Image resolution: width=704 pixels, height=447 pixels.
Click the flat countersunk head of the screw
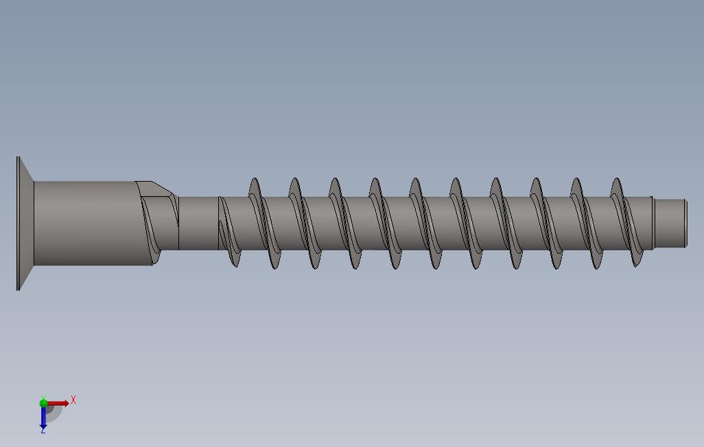coord(25,223)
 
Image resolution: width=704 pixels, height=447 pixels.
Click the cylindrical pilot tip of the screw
coord(670,223)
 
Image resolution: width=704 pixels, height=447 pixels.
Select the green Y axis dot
coord(43,403)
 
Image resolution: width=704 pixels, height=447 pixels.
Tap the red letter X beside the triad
coord(73,400)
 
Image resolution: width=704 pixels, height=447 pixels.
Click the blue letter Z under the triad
coord(43,431)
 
